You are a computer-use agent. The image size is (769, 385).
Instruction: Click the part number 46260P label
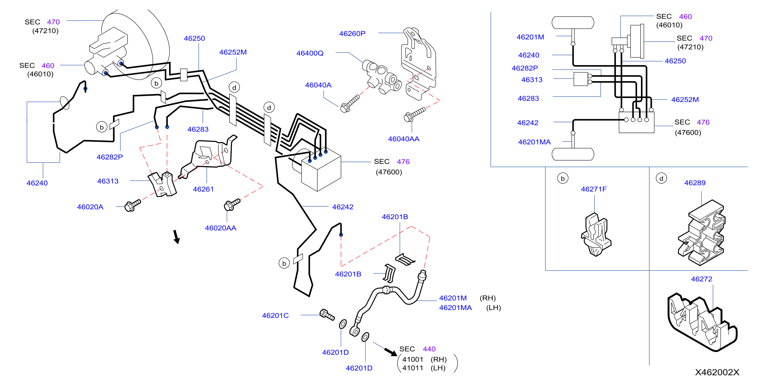tap(352, 33)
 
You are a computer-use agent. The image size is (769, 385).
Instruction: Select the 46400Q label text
tap(310, 53)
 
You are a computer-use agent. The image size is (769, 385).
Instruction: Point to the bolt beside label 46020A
tap(132, 205)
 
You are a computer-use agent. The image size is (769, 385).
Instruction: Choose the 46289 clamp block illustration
tap(701, 233)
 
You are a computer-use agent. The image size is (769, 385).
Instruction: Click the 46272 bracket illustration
tap(702, 322)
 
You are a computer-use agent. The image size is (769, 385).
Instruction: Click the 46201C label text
tap(275, 315)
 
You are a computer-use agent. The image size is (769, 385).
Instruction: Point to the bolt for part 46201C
tap(327, 314)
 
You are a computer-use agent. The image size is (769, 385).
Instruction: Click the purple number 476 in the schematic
tap(703, 122)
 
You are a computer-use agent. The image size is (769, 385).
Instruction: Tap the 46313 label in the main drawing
tap(108, 181)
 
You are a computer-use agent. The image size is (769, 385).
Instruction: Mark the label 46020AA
tap(220, 228)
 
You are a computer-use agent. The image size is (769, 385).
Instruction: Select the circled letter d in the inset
tap(661, 178)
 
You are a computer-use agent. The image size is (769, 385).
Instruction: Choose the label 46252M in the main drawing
tap(233, 52)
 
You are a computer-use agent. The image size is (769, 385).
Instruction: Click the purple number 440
tap(429, 349)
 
